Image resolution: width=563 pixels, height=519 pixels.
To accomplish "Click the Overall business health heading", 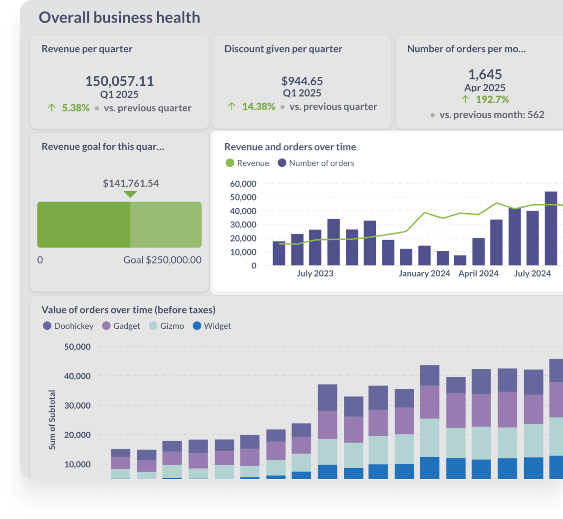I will [x=119, y=17].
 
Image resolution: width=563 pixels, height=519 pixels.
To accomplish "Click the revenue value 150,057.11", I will [x=119, y=81].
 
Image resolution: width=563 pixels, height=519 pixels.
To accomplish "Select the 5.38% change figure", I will [x=75, y=108].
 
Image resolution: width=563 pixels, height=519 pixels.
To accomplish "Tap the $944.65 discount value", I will [x=302, y=81].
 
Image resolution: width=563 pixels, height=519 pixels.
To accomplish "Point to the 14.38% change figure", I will [x=259, y=106].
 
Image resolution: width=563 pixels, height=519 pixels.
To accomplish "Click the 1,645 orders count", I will [x=485, y=74].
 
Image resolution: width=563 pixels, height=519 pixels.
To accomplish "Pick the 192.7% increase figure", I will [x=492, y=99].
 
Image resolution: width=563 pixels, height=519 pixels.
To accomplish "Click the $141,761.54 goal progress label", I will [x=131, y=183].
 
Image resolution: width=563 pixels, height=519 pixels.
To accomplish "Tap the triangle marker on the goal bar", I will [x=130, y=195].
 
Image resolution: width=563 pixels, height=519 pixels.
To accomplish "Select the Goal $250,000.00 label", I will [x=163, y=260].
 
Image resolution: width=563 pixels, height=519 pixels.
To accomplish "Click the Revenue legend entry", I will [x=248, y=163].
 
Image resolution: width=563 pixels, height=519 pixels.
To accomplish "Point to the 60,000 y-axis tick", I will [x=243, y=184].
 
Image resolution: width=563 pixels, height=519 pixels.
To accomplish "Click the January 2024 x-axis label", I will [x=424, y=273].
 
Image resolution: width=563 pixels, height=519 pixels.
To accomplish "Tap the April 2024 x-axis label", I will [x=478, y=273].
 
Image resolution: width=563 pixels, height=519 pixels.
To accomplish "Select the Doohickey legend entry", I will [x=68, y=326].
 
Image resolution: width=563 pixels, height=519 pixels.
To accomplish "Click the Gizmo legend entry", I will [x=167, y=326].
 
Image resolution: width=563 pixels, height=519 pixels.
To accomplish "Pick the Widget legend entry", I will [x=212, y=326].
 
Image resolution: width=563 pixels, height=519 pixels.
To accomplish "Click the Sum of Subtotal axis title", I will [x=52, y=420].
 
